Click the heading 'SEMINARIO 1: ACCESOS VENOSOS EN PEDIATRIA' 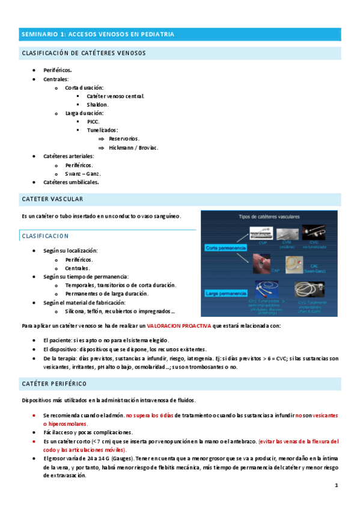click(x=97, y=35)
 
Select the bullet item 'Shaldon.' click(x=97, y=104)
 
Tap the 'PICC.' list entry click(x=93, y=121)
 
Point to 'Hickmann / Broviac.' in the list click(x=133, y=147)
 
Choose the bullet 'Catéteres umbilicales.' click(x=71, y=182)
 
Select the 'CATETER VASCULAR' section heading click(x=52, y=198)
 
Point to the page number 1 click(x=337, y=485)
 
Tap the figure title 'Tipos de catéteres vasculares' click(x=269, y=217)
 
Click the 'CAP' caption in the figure click(x=258, y=270)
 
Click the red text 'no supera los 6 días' click(x=149, y=415)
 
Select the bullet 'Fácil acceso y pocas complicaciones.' click(x=88, y=432)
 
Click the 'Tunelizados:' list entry click(x=102, y=129)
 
